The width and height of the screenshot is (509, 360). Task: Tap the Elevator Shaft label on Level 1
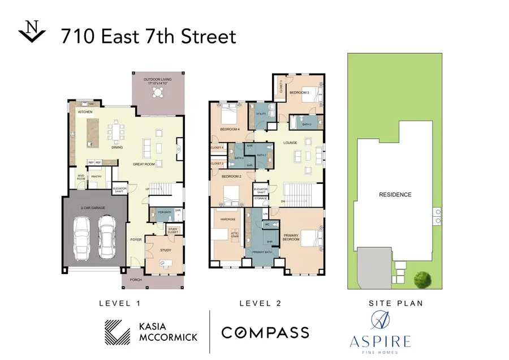point(119,190)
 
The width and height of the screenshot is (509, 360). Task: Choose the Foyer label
point(136,239)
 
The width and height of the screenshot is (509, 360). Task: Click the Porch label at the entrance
point(136,280)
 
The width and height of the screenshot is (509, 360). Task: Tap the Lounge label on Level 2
point(290,143)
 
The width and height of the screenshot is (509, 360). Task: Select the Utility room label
point(261,114)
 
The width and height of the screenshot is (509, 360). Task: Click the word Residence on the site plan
point(395,194)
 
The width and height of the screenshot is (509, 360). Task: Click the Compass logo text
point(265,332)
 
